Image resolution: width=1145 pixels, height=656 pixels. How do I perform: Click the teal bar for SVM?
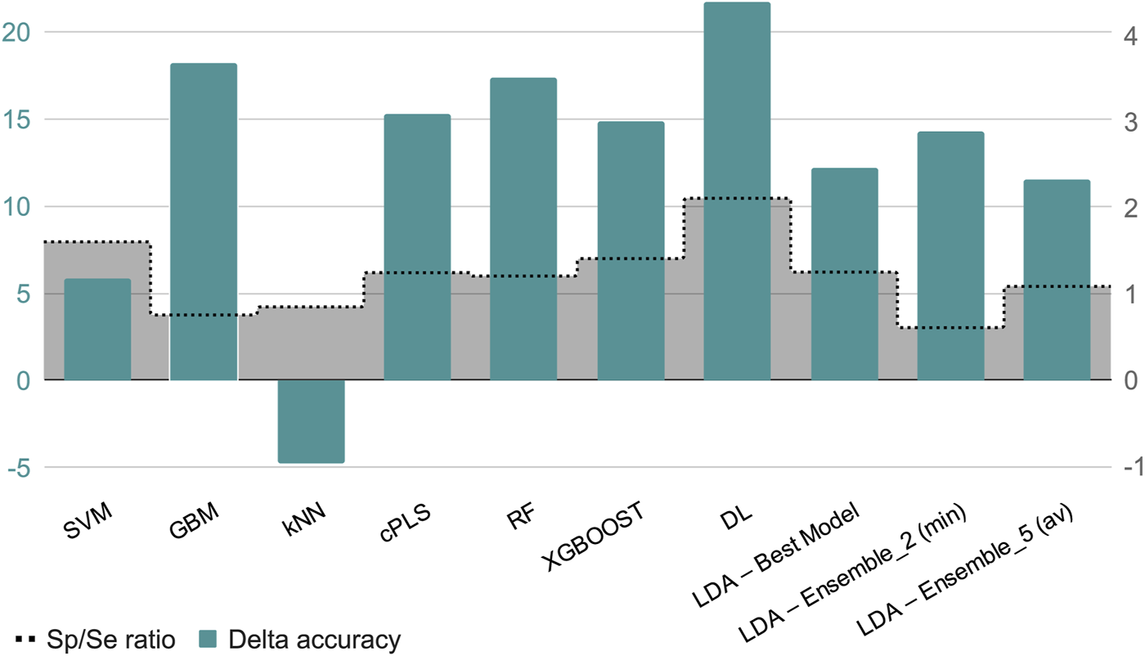click(x=97, y=330)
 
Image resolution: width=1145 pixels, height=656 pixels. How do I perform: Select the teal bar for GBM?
click(x=204, y=222)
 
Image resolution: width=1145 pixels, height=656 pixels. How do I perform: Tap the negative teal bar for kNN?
click(x=311, y=421)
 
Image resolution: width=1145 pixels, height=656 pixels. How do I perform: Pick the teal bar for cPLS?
click(x=417, y=247)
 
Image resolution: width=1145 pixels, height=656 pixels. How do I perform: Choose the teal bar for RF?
click(x=523, y=229)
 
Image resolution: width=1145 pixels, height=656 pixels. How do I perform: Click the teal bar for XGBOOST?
click(x=631, y=251)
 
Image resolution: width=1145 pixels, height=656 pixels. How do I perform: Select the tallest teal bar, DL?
click(x=737, y=191)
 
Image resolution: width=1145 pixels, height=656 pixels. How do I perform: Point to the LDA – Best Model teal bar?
click(x=844, y=274)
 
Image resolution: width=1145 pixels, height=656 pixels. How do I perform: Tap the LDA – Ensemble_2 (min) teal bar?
click(x=950, y=256)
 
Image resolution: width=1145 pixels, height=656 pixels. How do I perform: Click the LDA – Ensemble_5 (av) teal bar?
click(x=1057, y=280)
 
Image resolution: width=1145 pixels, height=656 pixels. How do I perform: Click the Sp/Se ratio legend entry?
click(x=96, y=640)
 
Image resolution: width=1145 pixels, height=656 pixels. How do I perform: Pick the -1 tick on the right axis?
click(x=1131, y=467)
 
